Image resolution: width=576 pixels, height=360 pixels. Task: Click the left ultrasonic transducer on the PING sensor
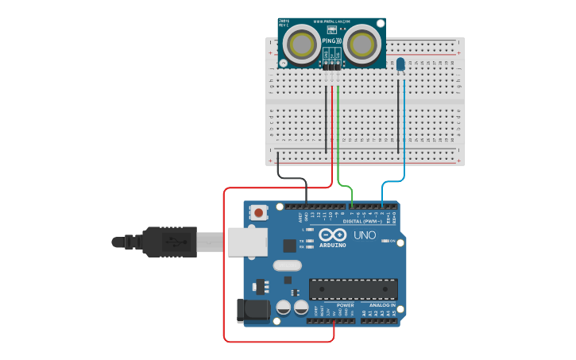(x=301, y=43)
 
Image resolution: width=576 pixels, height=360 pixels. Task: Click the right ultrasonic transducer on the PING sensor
(x=361, y=43)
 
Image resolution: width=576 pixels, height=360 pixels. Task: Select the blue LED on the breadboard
(x=400, y=64)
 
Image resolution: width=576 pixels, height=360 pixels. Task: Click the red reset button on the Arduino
(x=259, y=212)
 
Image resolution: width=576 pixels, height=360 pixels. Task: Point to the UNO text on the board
(x=364, y=235)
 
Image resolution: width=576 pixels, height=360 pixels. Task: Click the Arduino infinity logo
(x=334, y=234)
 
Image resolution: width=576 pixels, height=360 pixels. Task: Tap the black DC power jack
(x=253, y=310)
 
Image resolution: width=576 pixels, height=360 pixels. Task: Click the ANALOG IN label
(x=381, y=305)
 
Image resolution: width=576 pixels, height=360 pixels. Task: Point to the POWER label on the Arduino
(x=345, y=305)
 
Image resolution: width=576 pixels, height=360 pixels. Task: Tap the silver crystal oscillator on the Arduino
(x=287, y=265)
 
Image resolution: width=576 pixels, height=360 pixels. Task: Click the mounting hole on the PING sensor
(x=284, y=64)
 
